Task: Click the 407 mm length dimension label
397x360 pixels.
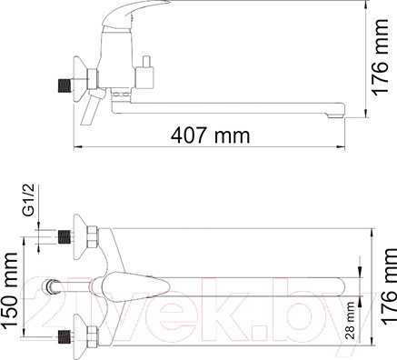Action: pos(210,136)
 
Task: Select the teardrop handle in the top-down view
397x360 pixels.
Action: pos(127,285)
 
